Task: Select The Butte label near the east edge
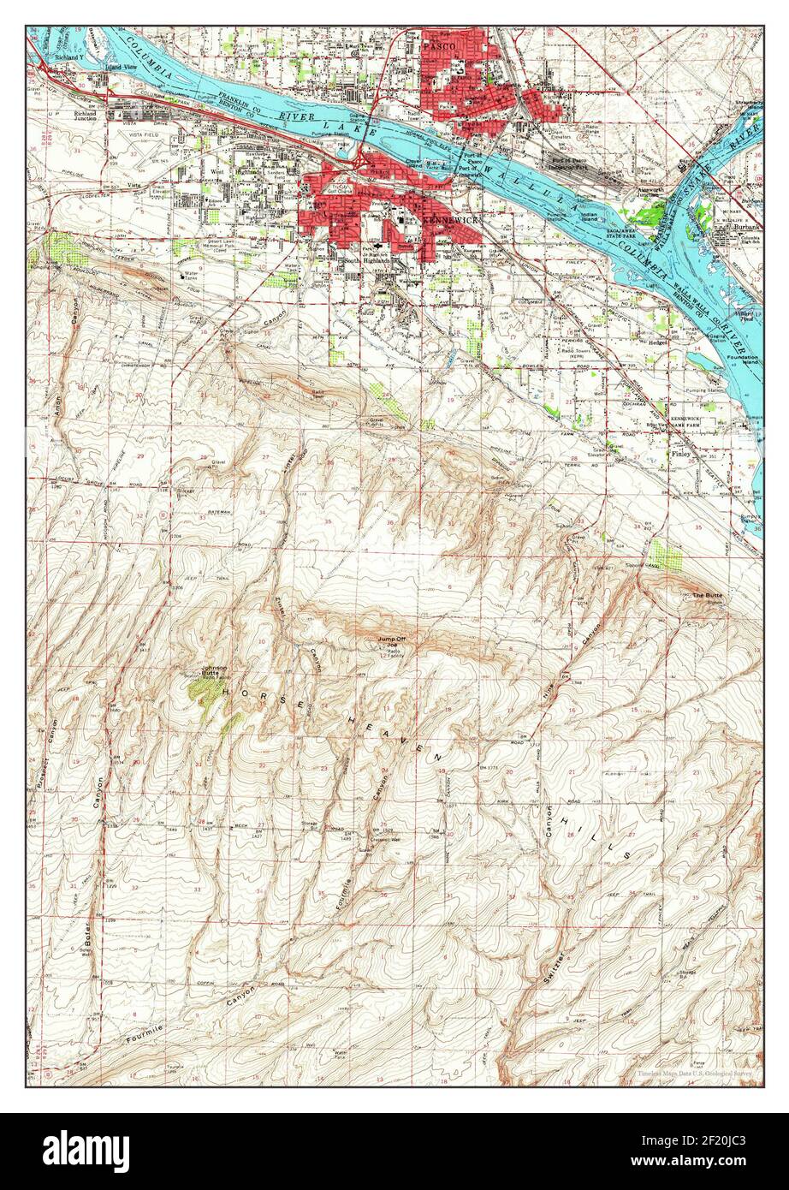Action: click(x=707, y=595)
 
